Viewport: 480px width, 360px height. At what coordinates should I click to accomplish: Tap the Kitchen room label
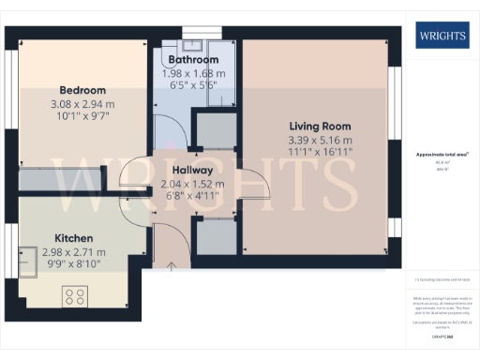pos(73,239)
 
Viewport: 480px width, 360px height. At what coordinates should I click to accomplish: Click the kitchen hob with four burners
pos(75,296)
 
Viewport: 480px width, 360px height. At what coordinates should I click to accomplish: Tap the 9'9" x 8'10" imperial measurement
pos(73,264)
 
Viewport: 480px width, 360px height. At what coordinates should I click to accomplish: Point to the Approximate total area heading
pos(438,154)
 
